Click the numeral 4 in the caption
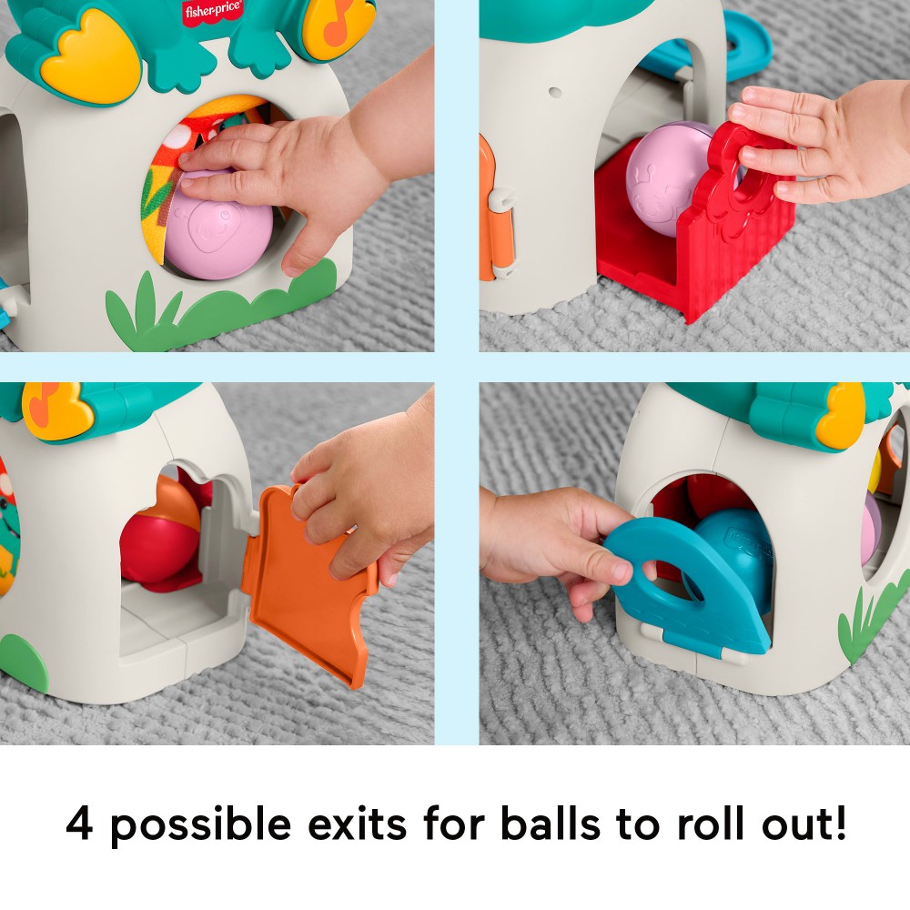click(x=79, y=824)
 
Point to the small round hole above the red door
click(x=555, y=92)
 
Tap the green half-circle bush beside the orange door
click(x=24, y=662)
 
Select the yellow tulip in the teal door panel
click(x=841, y=416)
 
